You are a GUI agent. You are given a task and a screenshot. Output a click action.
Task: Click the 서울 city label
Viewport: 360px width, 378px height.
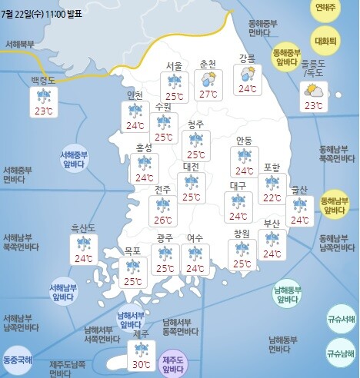(x=175, y=66)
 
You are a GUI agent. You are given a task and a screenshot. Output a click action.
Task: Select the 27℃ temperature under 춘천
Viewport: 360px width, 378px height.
(x=208, y=94)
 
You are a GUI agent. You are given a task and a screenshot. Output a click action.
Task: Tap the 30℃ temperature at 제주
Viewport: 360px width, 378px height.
(x=142, y=365)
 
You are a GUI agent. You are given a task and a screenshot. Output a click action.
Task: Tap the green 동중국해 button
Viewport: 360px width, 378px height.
(x=18, y=359)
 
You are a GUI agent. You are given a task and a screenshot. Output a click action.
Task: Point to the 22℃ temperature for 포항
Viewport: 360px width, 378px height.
(x=271, y=197)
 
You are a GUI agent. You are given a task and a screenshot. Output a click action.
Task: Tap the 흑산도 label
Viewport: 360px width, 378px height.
(x=83, y=228)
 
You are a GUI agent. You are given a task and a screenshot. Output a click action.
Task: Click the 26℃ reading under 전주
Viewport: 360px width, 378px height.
(x=163, y=219)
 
